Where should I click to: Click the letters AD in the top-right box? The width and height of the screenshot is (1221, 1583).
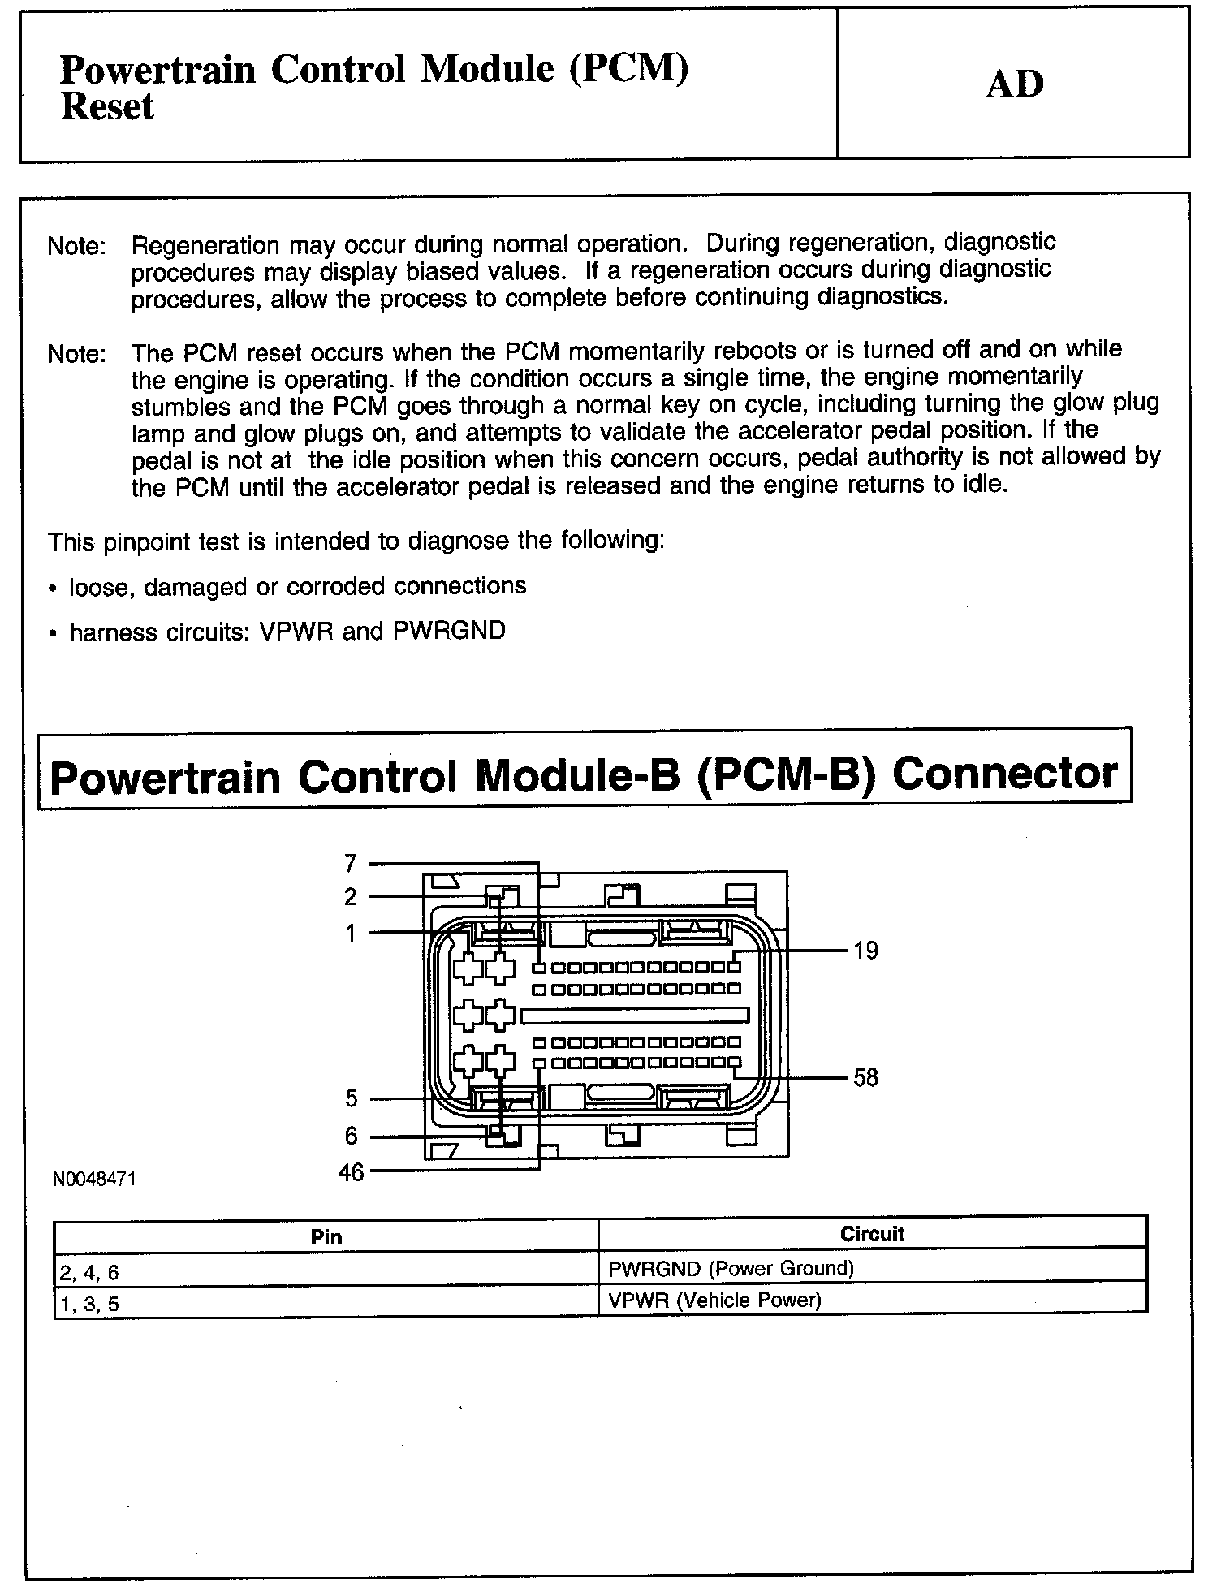[1014, 84]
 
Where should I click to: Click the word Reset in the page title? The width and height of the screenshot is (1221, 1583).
[106, 107]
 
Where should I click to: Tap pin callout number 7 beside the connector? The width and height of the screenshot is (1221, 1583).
[351, 862]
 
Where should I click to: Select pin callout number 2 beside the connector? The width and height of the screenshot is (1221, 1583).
[351, 897]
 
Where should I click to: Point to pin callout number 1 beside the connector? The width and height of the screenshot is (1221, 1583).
[351, 934]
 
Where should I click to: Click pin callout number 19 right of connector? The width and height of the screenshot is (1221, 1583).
[865, 950]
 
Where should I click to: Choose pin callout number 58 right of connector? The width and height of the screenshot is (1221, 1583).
[865, 1078]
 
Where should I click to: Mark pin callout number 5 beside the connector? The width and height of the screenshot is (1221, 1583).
[351, 1099]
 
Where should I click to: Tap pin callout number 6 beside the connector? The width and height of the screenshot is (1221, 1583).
[351, 1136]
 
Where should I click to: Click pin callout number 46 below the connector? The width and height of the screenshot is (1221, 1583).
[351, 1172]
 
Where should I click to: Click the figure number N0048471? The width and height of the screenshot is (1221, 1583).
[94, 1179]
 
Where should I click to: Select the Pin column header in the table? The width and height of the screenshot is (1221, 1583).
[326, 1237]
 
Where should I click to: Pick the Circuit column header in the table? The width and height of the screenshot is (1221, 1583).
[872, 1235]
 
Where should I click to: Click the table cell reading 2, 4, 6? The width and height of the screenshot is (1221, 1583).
[90, 1273]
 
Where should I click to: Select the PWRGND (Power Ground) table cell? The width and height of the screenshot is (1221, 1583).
[731, 1268]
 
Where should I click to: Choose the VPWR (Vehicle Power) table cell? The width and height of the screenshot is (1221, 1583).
[714, 1300]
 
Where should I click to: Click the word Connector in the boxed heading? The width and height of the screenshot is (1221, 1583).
[1004, 774]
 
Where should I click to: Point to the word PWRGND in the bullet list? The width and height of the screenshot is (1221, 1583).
[449, 631]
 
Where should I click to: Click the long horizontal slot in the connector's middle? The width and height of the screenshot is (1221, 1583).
[633, 1016]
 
